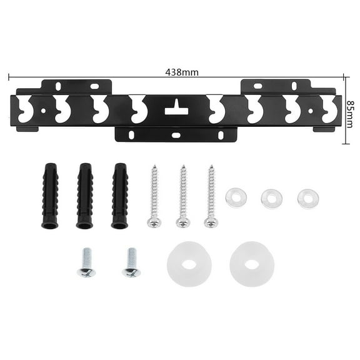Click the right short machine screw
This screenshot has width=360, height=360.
coord(131,262)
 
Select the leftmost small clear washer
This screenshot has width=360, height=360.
coord(236,197)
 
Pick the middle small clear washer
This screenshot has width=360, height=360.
coord(272,198)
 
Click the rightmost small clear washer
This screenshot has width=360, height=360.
coord(307,198)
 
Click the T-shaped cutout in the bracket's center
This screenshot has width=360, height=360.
coord(176,107)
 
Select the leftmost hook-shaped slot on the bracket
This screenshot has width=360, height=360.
coord(26,110)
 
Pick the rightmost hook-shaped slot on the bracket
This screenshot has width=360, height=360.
coord(329,110)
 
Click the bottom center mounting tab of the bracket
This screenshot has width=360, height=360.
coord(176,134)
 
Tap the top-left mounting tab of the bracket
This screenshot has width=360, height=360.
coord(76,87)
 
